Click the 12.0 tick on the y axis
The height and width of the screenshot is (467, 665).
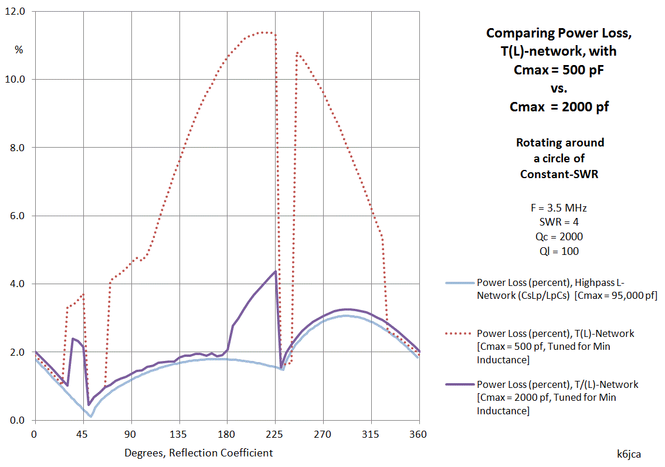16,11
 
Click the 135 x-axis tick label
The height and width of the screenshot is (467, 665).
179,434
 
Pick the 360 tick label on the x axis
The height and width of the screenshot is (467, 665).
419,434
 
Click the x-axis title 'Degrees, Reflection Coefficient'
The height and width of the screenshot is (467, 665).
198,453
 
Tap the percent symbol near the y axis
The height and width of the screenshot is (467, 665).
19,50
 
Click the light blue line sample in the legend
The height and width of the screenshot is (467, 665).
459,283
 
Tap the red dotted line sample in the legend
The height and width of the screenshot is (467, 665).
459,334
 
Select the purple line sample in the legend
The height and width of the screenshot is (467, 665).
459,385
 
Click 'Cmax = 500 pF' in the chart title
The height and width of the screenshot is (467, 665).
559,71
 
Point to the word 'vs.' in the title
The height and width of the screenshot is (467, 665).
559,89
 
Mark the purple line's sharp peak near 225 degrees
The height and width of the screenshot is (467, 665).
275,271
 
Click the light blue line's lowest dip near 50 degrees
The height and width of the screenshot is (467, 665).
91,416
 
